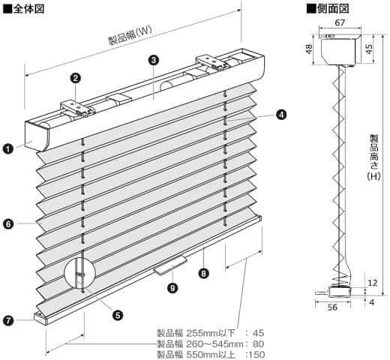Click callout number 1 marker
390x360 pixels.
pos(7,148)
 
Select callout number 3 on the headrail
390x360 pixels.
pos(153,59)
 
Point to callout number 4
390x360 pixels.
pos(280,115)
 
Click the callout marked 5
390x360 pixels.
pos(118,315)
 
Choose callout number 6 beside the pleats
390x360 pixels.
pos(7,223)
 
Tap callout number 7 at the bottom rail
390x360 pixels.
pos(7,320)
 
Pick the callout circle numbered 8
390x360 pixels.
pos(203,273)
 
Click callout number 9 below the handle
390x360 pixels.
pos(172,287)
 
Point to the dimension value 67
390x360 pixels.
pos(340,23)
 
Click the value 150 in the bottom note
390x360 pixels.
pos(255,354)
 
